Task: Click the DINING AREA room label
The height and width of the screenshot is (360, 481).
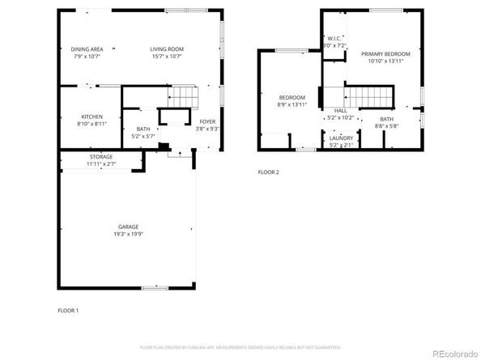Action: (x=87, y=49)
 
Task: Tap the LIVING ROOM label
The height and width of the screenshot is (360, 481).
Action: (x=166, y=49)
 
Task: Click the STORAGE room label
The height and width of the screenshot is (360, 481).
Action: (x=101, y=157)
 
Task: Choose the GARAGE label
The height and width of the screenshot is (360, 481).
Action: (x=128, y=227)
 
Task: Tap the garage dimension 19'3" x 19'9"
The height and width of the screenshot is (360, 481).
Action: (x=128, y=234)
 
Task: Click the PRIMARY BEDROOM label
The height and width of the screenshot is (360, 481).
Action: (x=385, y=54)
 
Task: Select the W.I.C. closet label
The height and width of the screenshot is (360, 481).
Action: (x=334, y=39)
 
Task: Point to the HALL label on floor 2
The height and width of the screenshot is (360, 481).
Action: (x=340, y=110)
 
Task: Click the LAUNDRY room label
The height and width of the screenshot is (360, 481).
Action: (x=340, y=138)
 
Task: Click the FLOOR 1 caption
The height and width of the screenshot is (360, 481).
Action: (x=68, y=311)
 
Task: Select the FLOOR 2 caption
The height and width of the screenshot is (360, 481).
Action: (x=268, y=172)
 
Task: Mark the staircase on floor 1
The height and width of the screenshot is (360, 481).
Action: (x=184, y=98)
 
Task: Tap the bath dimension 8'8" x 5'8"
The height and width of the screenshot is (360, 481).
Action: (x=385, y=126)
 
